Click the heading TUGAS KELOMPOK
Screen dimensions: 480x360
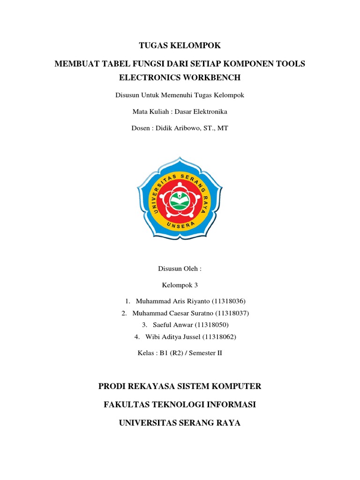[x=180, y=45]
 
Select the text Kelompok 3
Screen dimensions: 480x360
[x=180, y=285]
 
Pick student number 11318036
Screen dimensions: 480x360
[x=229, y=301]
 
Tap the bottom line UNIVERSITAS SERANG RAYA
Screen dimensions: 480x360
[x=180, y=423]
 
